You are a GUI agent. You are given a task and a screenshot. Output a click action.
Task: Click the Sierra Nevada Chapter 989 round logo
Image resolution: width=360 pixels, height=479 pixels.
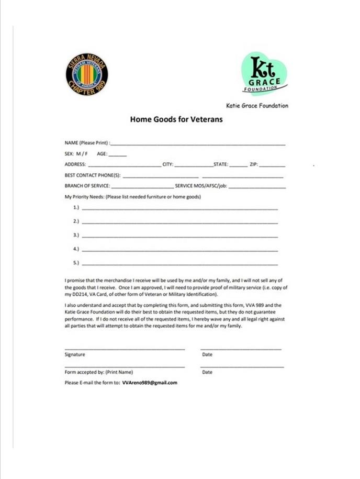click(87, 75)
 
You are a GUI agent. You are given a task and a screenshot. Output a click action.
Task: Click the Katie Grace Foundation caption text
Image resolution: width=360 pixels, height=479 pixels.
click(257, 106)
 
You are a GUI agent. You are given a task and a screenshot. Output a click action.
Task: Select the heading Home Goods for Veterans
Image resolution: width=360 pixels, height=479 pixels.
click(176, 119)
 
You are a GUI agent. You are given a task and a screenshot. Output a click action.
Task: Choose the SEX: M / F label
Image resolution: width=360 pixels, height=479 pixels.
click(76, 154)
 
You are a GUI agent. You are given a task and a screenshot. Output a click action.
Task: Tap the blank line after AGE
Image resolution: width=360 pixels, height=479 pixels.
click(118, 155)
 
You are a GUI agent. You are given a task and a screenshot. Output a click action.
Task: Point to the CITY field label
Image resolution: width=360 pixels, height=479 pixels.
click(168, 165)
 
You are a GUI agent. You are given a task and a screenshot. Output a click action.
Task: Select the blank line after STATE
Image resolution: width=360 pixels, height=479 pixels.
click(238, 165)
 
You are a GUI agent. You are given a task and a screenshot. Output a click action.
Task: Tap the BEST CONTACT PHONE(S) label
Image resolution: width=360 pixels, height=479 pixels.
click(93, 175)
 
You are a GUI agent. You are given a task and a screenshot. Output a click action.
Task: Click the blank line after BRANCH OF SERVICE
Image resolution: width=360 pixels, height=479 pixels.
click(142, 187)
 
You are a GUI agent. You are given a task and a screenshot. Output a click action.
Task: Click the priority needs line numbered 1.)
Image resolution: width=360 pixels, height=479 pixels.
click(179, 209)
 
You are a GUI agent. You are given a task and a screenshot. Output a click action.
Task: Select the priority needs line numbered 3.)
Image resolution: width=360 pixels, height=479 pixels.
click(179, 237)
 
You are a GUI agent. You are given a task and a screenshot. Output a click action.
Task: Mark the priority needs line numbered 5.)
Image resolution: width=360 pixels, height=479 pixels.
click(179, 264)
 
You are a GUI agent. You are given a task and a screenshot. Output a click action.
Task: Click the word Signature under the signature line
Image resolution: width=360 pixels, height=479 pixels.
click(75, 355)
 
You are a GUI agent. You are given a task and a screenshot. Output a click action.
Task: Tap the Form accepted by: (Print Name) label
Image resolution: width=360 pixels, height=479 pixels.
click(98, 372)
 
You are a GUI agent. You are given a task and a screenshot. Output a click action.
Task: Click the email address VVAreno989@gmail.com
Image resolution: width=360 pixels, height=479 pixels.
click(150, 383)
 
